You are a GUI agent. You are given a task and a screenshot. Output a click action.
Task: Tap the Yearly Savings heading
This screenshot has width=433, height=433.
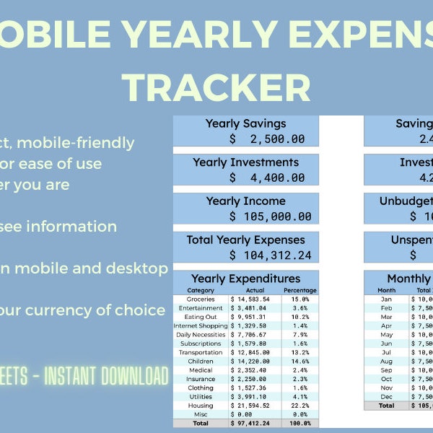click(245, 123)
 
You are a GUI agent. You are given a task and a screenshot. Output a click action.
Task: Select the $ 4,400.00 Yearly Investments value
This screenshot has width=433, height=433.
click(267, 177)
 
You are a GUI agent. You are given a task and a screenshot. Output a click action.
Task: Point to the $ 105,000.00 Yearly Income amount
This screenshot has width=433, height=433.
click(271, 216)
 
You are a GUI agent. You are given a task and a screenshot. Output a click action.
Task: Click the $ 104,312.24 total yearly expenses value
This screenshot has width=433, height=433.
click(271, 255)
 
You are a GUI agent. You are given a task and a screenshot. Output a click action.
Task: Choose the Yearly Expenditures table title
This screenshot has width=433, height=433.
click(245, 279)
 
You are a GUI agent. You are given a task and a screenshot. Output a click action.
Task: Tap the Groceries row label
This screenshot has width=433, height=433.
click(201, 299)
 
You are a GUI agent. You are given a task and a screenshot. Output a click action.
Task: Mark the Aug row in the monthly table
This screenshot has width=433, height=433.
click(387, 361)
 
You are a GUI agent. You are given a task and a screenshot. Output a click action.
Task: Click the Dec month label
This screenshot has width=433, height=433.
click(387, 396)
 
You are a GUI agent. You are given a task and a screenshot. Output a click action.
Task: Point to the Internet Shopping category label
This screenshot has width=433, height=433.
click(201, 325)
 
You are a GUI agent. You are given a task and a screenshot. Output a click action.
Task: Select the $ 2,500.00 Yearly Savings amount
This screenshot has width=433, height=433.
click(267, 139)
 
